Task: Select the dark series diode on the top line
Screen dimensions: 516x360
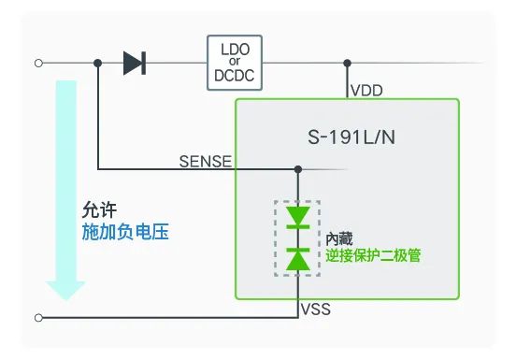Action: pyautogui.click(x=135, y=63)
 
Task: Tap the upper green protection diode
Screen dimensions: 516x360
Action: pyautogui.click(x=298, y=218)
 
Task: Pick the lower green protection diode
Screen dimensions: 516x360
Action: pyautogui.click(x=298, y=259)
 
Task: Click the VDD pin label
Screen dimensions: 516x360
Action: pyautogui.click(x=366, y=91)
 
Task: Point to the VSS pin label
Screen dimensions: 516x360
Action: pyautogui.click(x=316, y=310)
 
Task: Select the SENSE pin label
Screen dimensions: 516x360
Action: pyautogui.click(x=206, y=161)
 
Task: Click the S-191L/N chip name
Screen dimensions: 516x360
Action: pyautogui.click(x=351, y=137)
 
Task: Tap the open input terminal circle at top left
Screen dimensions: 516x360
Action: pyautogui.click(x=38, y=63)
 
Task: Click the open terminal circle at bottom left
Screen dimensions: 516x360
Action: pyautogui.click(x=38, y=318)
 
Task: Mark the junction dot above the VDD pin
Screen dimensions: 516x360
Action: pyautogui.click(x=347, y=63)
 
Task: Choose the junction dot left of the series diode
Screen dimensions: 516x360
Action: pyautogui.click(x=98, y=63)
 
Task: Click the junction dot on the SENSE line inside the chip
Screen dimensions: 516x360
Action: pyautogui.click(x=298, y=169)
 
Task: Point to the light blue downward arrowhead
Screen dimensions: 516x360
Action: pyautogui.click(x=65, y=290)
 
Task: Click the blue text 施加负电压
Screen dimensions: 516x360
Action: pyautogui.click(x=125, y=232)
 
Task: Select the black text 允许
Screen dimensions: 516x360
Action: pyautogui.click(x=99, y=209)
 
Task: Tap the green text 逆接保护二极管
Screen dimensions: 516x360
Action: pyautogui.click(x=373, y=255)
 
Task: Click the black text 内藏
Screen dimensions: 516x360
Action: pyautogui.click(x=339, y=238)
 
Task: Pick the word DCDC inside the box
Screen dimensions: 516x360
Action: pyautogui.click(x=235, y=76)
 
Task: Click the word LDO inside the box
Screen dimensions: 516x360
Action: pyautogui.click(x=236, y=50)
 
